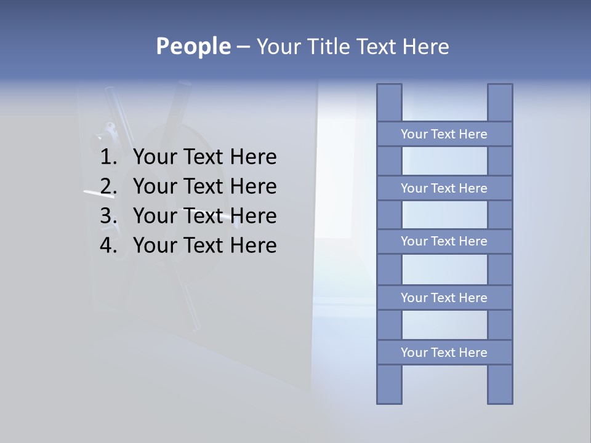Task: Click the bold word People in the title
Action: point(193,46)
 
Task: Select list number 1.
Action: point(108,158)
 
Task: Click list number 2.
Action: point(108,186)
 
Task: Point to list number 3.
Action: point(108,216)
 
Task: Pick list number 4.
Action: point(108,245)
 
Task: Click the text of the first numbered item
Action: point(204,158)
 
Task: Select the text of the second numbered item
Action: point(204,186)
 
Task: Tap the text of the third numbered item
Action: point(204,216)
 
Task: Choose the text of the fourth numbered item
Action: point(204,245)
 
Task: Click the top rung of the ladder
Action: point(444,134)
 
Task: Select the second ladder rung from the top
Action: point(444,188)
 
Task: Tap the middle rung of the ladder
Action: point(444,241)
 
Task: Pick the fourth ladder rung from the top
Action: point(444,298)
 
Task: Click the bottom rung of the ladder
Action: point(444,353)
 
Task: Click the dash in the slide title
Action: point(243,47)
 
